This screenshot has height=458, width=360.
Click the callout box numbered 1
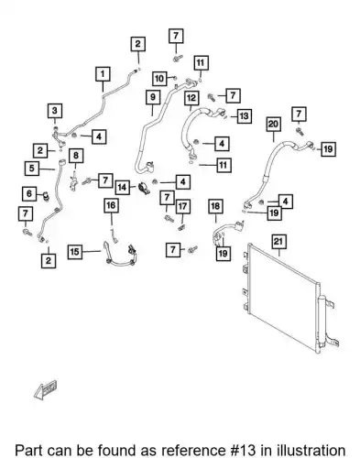point(103,74)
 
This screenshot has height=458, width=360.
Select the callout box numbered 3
point(55,111)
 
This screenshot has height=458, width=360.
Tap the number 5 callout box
point(32,169)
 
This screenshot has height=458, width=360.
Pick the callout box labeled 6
point(29,193)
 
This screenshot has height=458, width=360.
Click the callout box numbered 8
point(76,156)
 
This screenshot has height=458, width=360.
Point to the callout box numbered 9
point(153,97)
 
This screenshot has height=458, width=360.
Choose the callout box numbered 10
point(159,79)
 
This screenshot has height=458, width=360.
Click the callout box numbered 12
point(191,98)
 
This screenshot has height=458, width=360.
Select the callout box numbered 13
point(244,116)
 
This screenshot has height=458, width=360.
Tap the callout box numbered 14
point(123,187)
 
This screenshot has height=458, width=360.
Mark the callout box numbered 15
point(75,252)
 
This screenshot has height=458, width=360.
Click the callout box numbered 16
point(111,205)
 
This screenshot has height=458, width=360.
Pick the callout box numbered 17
point(182,207)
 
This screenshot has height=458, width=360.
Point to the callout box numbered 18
point(215,206)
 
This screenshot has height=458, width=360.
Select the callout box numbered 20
point(273,125)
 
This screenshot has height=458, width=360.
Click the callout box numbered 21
point(278,242)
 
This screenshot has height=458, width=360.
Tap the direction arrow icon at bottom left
point(46,389)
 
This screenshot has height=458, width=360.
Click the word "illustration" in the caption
point(311,451)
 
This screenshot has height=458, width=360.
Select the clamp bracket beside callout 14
point(144,189)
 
